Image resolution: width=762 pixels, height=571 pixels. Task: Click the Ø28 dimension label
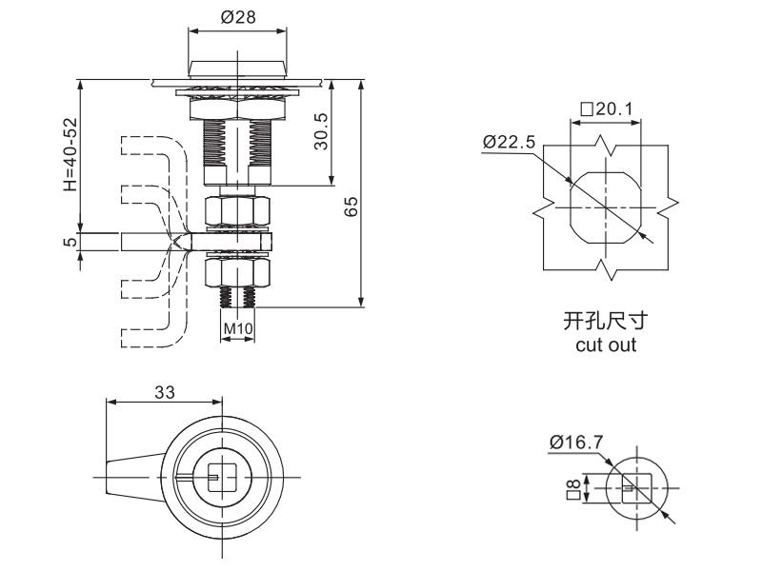tap(237, 16)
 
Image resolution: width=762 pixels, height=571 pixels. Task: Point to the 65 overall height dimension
tap(351, 207)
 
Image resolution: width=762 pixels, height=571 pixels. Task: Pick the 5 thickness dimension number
tap(70, 242)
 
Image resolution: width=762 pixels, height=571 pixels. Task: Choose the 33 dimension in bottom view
tap(165, 391)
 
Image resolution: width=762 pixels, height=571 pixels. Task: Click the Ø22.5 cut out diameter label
tap(510, 142)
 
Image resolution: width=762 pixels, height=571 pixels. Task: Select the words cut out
tap(606, 345)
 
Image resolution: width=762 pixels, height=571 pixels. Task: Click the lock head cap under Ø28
tap(237, 68)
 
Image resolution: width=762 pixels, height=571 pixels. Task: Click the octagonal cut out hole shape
tap(606, 207)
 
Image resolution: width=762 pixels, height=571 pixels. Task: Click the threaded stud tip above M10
tap(237, 298)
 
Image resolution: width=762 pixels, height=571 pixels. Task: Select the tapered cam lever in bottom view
tap(133, 474)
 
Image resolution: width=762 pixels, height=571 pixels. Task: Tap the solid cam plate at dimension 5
tap(152, 242)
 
